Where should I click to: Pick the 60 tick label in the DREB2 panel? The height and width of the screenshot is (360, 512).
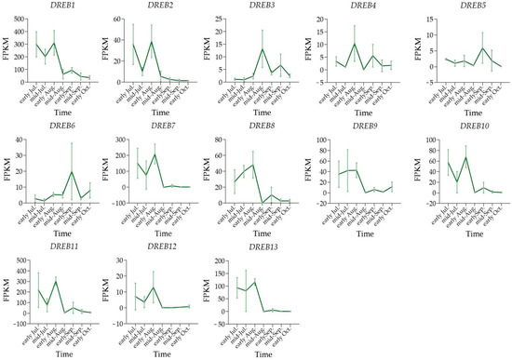pyautogui.click(x=122, y=19)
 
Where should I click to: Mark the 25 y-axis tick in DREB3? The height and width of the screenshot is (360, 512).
pyautogui.click(x=224, y=19)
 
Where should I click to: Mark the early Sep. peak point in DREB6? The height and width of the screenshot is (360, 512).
pyautogui.click(x=72, y=172)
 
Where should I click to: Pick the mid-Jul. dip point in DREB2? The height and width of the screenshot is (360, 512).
pyautogui.click(x=141, y=70)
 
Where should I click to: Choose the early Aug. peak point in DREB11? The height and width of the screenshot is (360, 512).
pyautogui.click(x=56, y=281)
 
